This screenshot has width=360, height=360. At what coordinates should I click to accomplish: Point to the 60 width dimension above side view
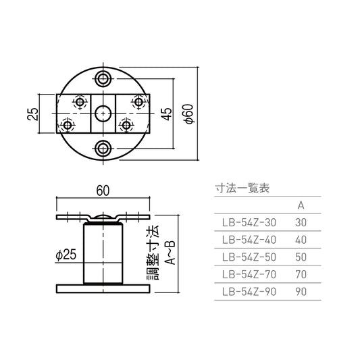(103, 192)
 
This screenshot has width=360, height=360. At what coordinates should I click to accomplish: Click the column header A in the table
(301, 205)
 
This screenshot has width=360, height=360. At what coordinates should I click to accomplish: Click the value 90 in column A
(301, 292)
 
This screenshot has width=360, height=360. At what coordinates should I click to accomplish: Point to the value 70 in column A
(301, 274)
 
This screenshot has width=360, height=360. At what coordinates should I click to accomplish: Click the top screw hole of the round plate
(103, 78)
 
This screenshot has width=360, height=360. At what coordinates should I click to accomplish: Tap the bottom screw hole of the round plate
(103, 149)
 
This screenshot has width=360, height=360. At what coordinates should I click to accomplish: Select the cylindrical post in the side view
(103, 253)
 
